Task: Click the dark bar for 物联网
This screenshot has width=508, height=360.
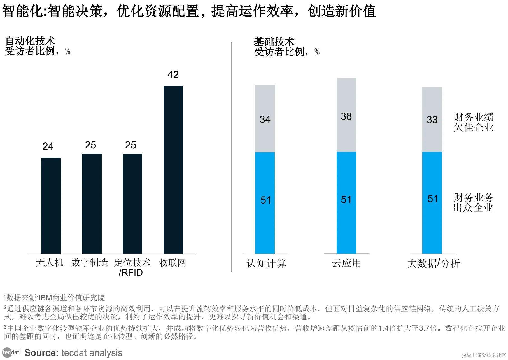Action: [x=173, y=169]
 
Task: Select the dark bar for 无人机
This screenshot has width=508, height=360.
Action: [x=51, y=205]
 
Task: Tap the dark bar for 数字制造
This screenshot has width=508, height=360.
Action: [x=92, y=204]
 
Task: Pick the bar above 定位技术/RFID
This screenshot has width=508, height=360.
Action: [x=132, y=204]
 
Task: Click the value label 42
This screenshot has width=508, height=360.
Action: [x=173, y=75]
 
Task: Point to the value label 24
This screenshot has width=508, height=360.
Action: [x=48, y=146]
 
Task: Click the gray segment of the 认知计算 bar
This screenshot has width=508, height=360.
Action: [x=265, y=118]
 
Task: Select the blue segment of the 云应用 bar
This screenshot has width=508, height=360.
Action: [x=346, y=203]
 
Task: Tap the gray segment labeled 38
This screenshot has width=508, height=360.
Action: [x=346, y=115]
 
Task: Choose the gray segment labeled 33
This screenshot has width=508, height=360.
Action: [x=432, y=120]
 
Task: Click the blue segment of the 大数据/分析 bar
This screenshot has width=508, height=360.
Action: [x=432, y=203]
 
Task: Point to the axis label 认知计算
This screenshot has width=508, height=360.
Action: [x=266, y=263]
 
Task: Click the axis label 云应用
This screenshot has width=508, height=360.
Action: [x=346, y=263]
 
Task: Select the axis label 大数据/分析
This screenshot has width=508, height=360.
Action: [x=433, y=263]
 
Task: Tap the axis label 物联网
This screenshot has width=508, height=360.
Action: [x=173, y=263]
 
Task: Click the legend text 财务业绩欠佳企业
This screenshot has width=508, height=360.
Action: [x=473, y=122]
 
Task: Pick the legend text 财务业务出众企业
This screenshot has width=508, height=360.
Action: [x=473, y=202]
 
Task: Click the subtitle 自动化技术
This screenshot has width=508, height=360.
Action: [x=30, y=41]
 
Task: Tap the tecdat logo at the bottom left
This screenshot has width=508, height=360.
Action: [x=11, y=352]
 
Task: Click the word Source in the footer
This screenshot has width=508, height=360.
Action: [x=41, y=353]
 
